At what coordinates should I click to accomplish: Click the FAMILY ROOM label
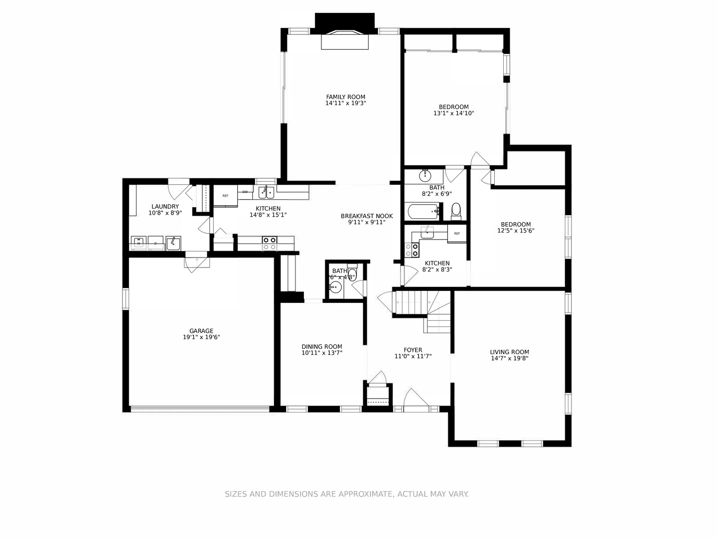pos(345,97)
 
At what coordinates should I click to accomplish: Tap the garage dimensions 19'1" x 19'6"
pos(201,337)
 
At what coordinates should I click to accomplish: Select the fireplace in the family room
pos(345,40)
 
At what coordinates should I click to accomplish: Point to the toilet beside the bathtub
pos(455,211)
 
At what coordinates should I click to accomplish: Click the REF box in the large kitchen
pos(225,196)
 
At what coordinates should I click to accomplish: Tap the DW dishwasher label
pos(245,192)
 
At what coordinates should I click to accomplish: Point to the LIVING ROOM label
pos(509,352)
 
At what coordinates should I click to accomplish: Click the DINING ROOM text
pos(322,347)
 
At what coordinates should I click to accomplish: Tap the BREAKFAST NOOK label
pos(367,216)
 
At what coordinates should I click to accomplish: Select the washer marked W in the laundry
pos(139,243)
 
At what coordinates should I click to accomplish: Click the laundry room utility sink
pos(173,243)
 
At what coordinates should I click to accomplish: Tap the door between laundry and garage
pos(196,262)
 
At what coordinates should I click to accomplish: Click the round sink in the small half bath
pos(335,287)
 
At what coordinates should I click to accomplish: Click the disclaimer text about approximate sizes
pos(347,494)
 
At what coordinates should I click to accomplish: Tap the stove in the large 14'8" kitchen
pos(270,243)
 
